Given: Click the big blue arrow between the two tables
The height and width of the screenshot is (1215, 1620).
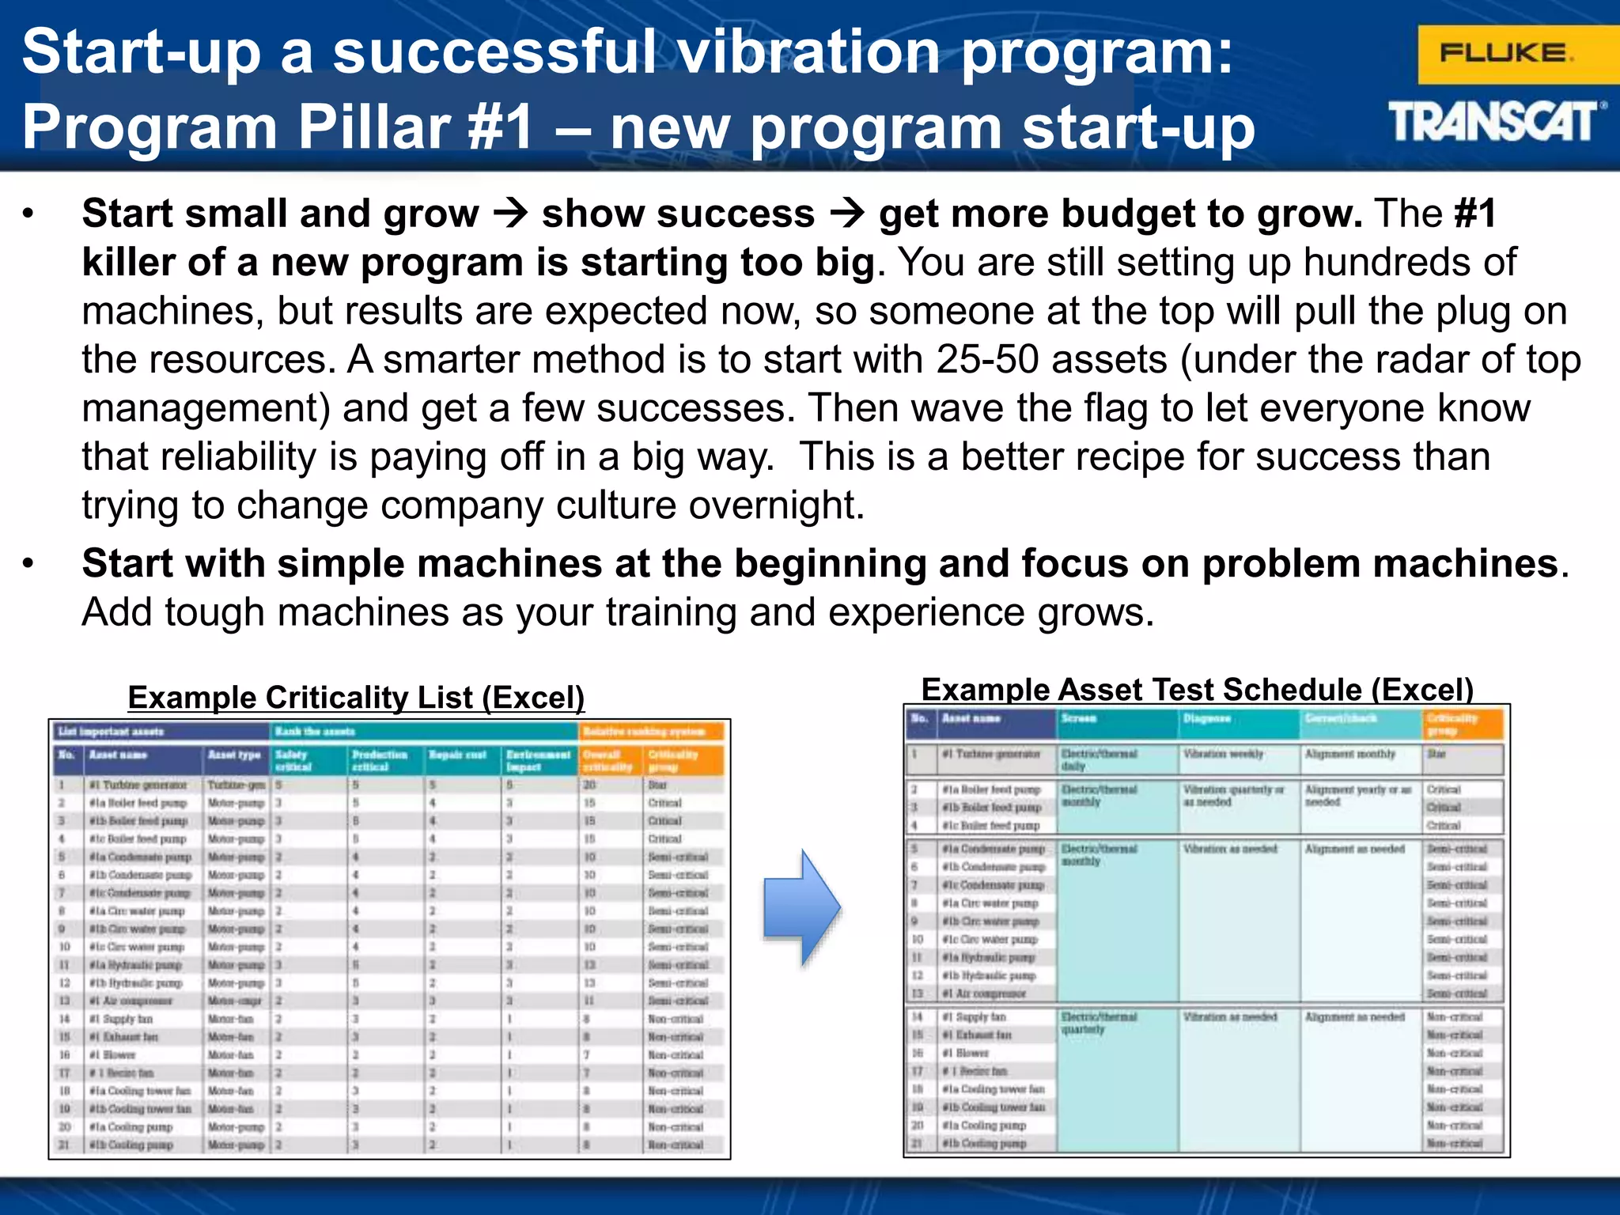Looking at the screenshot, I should click(801, 907).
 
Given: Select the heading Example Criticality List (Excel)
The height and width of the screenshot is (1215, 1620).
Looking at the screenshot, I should click(356, 698).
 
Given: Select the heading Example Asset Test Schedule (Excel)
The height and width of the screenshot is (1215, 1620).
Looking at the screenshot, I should click(1197, 690).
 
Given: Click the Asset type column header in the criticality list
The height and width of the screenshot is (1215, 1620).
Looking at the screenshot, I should click(234, 755).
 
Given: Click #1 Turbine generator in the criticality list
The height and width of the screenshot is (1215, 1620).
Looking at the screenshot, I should click(138, 785).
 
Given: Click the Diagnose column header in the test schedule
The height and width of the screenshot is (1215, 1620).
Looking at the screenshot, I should click(1206, 718).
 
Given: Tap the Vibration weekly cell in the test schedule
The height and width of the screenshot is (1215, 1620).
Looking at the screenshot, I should click(1223, 754).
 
